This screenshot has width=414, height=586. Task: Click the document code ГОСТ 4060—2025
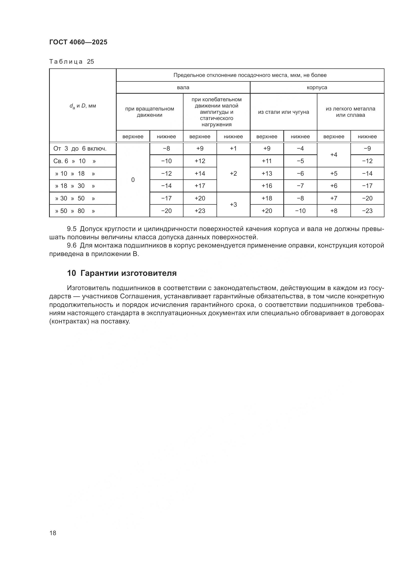[78, 42]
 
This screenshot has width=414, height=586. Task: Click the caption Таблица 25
[72, 62]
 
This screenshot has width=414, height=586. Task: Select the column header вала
[183, 87]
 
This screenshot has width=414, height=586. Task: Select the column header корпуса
[317, 87]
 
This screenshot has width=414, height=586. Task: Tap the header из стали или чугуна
[284, 112]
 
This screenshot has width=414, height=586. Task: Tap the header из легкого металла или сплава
[350, 112]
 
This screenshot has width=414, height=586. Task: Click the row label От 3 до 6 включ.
[80, 149]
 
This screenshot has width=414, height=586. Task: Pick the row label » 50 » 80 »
[75, 211]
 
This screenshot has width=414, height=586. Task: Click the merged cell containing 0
[133, 180]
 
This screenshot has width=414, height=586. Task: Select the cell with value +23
[200, 211]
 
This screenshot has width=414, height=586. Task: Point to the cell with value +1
[233, 149]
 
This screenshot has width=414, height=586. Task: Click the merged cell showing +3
[233, 204]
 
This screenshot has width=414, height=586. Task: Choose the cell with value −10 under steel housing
[300, 211]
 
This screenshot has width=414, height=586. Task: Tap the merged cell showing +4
[334, 155]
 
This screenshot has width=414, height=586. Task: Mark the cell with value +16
[267, 186]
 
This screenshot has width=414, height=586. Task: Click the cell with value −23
[367, 211]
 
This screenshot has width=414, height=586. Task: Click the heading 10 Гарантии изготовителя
[122, 273]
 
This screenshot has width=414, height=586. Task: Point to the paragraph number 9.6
[72, 246]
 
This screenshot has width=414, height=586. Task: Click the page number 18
[53, 533]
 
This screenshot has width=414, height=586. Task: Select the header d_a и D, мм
[83, 106]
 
